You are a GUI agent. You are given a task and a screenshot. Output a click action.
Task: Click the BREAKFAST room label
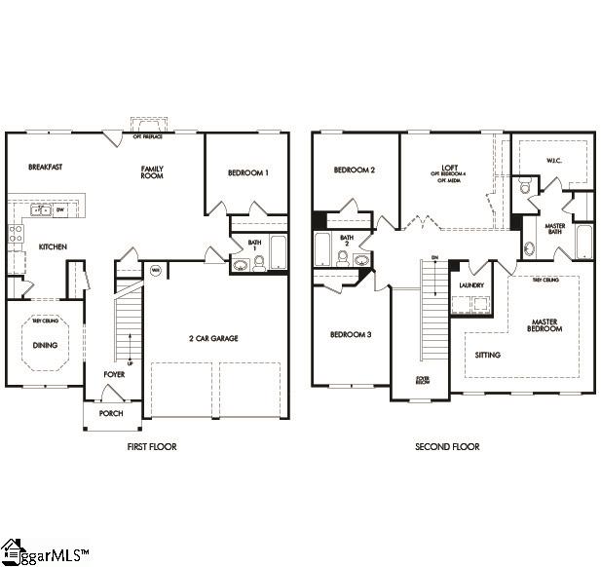click(45, 168)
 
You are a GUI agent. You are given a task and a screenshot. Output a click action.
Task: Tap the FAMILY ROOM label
click(152, 172)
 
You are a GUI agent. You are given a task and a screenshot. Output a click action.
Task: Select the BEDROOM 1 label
click(247, 173)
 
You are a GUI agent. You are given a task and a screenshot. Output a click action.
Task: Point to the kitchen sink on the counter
click(41, 209)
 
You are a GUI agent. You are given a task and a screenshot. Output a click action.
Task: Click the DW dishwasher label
click(60, 209)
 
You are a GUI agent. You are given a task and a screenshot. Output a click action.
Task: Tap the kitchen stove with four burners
click(15, 232)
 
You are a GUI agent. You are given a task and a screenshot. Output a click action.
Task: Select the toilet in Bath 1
click(259, 262)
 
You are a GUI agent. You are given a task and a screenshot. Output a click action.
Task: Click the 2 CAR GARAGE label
click(213, 338)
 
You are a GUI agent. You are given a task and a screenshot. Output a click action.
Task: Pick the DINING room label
click(45, 345)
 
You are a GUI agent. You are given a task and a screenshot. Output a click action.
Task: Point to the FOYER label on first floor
click(115, 374)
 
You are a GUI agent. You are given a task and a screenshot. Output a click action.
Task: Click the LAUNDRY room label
click(471, 285)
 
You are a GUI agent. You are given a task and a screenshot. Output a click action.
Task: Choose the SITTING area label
click(488, 355)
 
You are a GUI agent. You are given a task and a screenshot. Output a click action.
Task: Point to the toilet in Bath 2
click(343, 258)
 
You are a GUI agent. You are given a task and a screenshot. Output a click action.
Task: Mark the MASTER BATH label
click(555, 227)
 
